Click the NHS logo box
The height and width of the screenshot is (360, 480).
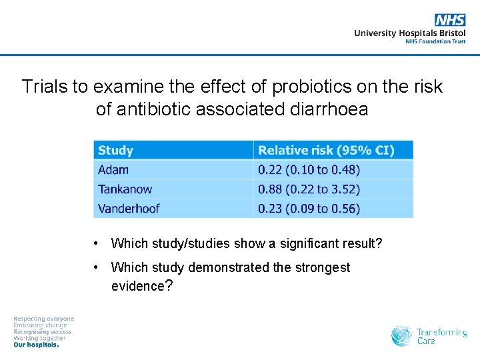pos(450,20)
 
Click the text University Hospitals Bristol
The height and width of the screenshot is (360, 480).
pos(409,33)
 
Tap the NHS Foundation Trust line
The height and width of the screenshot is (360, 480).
pos(435,41)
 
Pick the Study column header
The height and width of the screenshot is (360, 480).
pos(115,150)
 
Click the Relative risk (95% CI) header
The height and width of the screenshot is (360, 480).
pos(326,150)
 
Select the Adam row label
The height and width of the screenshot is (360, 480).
pos(113,169)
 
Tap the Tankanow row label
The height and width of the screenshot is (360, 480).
pos(125,189)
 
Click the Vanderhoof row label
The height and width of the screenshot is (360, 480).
pos(129,208)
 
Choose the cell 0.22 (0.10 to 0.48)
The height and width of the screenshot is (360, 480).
pos(309,169)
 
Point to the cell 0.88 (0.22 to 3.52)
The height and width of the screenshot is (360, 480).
pos(309,189)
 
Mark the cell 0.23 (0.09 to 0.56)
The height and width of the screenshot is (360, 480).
pos(309,208)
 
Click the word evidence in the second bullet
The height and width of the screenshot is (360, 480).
pos(137,286)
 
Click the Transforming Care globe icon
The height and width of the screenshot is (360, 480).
pos(401,336)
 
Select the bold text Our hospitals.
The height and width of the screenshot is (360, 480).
pos(36,345)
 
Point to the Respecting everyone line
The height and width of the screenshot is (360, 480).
pos(44,319)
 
